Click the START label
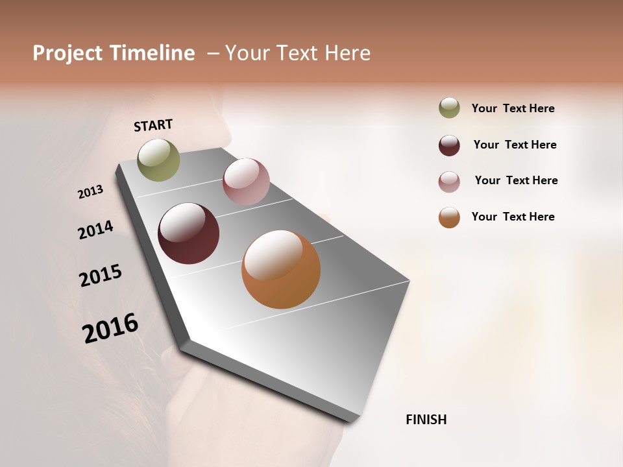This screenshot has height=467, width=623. coord(153,125)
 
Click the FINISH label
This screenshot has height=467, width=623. coord(426,420)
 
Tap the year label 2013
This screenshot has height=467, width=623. coord(90,192)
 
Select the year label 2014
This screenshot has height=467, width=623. coord(95,230)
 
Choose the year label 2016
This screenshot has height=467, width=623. coord(110,328)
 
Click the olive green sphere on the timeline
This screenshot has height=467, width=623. coord(158,160)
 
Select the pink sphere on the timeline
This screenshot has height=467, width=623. coord(246,182)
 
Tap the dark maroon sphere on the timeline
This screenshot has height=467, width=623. coord(188,233)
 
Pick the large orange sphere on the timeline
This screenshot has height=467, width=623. coord(280,269)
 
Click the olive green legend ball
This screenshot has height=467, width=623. coord(449,108)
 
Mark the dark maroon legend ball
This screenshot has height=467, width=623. coord(449,145)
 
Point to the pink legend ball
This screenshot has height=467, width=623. coord(449,182)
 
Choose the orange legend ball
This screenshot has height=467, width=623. coord(449,217)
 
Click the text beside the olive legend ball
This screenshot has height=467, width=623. coord(513,108)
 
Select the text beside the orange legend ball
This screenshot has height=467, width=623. coord(513,217)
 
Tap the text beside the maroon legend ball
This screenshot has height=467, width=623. coord(515,145)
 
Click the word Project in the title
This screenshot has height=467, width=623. coord(66,53)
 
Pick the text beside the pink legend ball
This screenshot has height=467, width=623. coord(516,180)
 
